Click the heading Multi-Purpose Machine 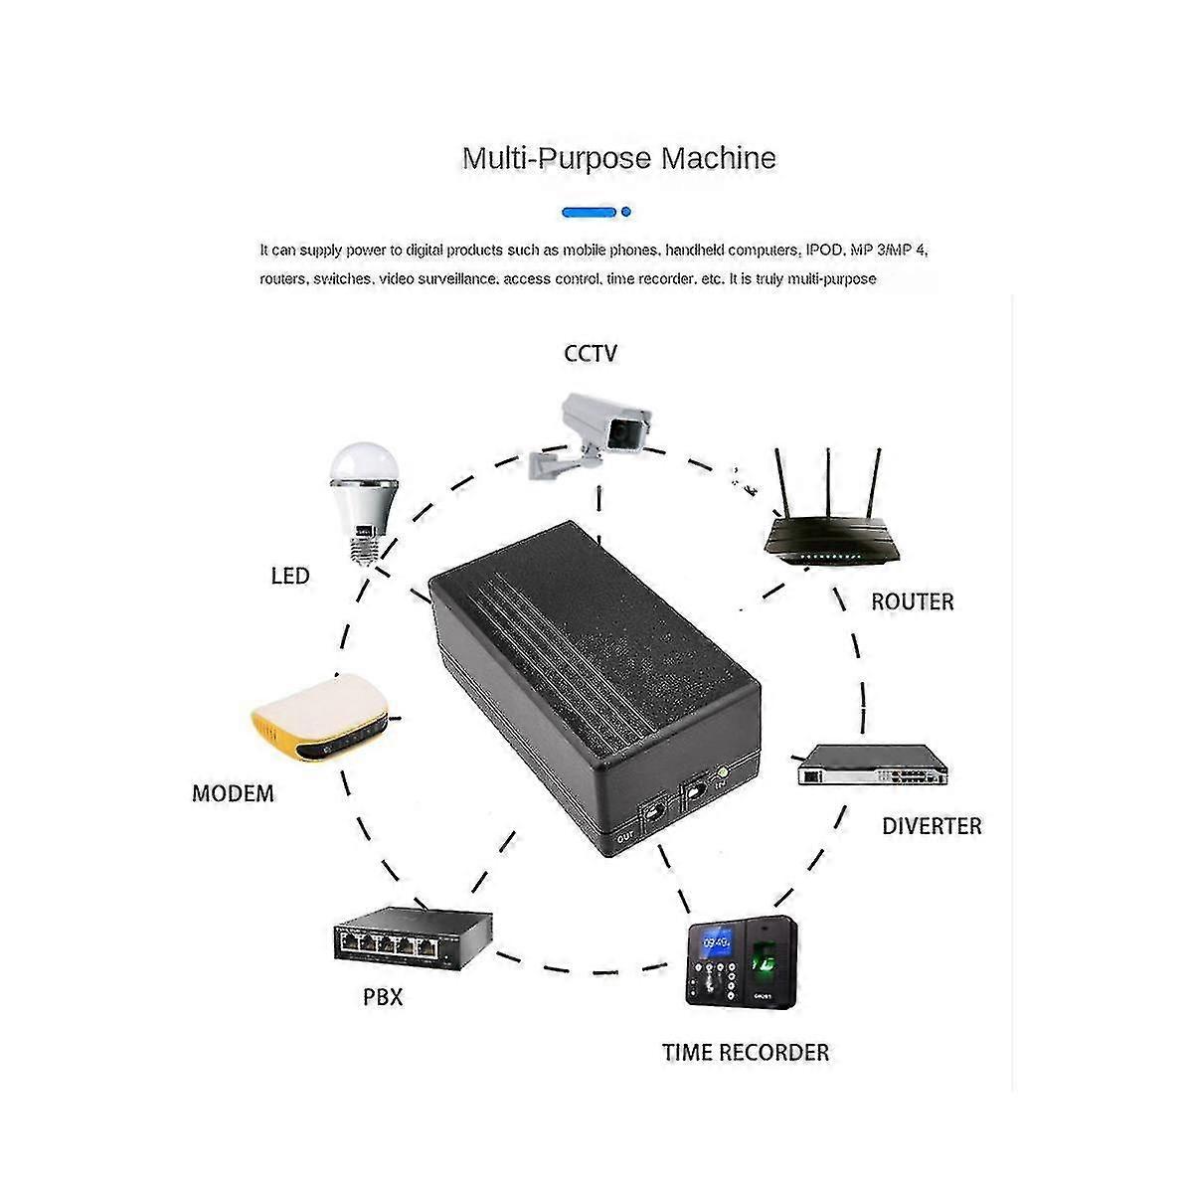pyautogui.click(x=618, y=158)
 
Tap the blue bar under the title pyautogui.click(x=591, y=212)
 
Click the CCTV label pyautogui.click(x=591, y=353)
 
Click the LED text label pyautogui.click(x=290, y=576)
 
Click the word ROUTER pyautogui.click(x=912, y=601)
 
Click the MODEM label pyautogui.click(x=233, y=793)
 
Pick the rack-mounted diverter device pyautogui.click(x=869, y=767)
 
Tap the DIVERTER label pyautogui.click(x=932, y=826)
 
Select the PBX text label pyautogui.click(x=383, y=997)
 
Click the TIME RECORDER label pyautogui.click(x=746, y=1053)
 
